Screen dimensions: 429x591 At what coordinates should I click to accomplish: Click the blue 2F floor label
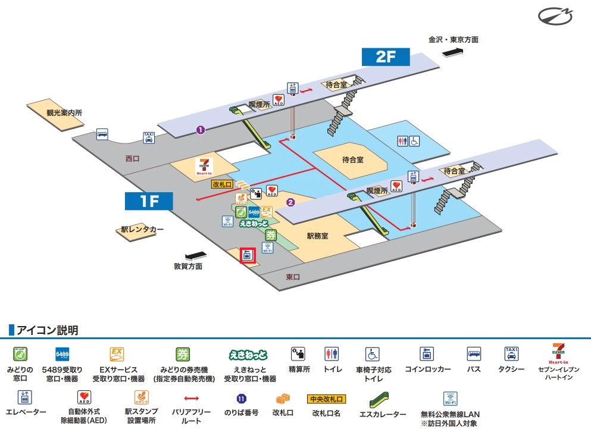(x=386, y=57)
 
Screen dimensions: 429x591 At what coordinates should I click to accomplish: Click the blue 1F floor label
(x=148, y=201)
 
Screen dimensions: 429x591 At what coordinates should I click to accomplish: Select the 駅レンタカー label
(x=142, y=229)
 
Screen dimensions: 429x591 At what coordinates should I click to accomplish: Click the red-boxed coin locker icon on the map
(x=248, y=255)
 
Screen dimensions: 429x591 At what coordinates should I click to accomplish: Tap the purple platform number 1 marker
(x=201, y=129)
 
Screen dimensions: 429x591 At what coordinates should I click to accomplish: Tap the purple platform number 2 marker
(x=290, y=202)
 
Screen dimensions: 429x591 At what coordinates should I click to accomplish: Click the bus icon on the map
(x=102, y=134)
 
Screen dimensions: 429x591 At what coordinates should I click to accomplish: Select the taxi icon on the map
(x=148, y=137)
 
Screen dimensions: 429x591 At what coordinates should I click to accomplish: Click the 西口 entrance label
(x=132, y=159)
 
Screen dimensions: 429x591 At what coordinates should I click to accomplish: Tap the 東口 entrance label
(x=293, y=277)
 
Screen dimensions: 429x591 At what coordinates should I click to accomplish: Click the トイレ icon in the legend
(x=332, y=354)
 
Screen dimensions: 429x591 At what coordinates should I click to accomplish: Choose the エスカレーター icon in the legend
(x=383, y=397)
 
